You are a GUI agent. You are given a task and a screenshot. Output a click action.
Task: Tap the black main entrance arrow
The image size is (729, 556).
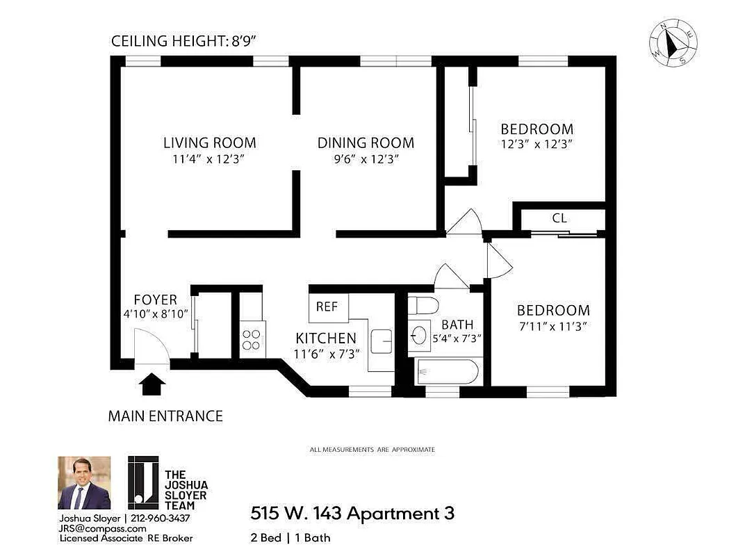153,384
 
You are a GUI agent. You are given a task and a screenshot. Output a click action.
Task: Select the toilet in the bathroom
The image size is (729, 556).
423,305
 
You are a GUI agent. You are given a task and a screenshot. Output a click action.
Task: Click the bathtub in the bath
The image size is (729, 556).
446,372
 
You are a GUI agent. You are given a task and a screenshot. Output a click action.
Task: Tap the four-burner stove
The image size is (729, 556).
252,339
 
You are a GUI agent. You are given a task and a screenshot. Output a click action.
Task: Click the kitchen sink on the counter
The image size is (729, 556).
382,341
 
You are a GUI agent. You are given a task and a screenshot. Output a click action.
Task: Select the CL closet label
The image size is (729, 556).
559,218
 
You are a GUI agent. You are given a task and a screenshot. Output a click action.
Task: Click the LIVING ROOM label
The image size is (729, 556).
209,143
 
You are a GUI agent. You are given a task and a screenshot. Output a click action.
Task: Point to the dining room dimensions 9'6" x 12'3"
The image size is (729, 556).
366,159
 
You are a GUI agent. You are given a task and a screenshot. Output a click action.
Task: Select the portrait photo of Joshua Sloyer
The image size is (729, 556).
83,483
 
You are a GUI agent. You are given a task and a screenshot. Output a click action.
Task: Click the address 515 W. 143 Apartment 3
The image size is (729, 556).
352,514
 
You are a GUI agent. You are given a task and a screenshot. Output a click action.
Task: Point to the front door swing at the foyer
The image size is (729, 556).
149,347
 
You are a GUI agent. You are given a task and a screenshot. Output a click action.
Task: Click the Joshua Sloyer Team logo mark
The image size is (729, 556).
143,483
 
